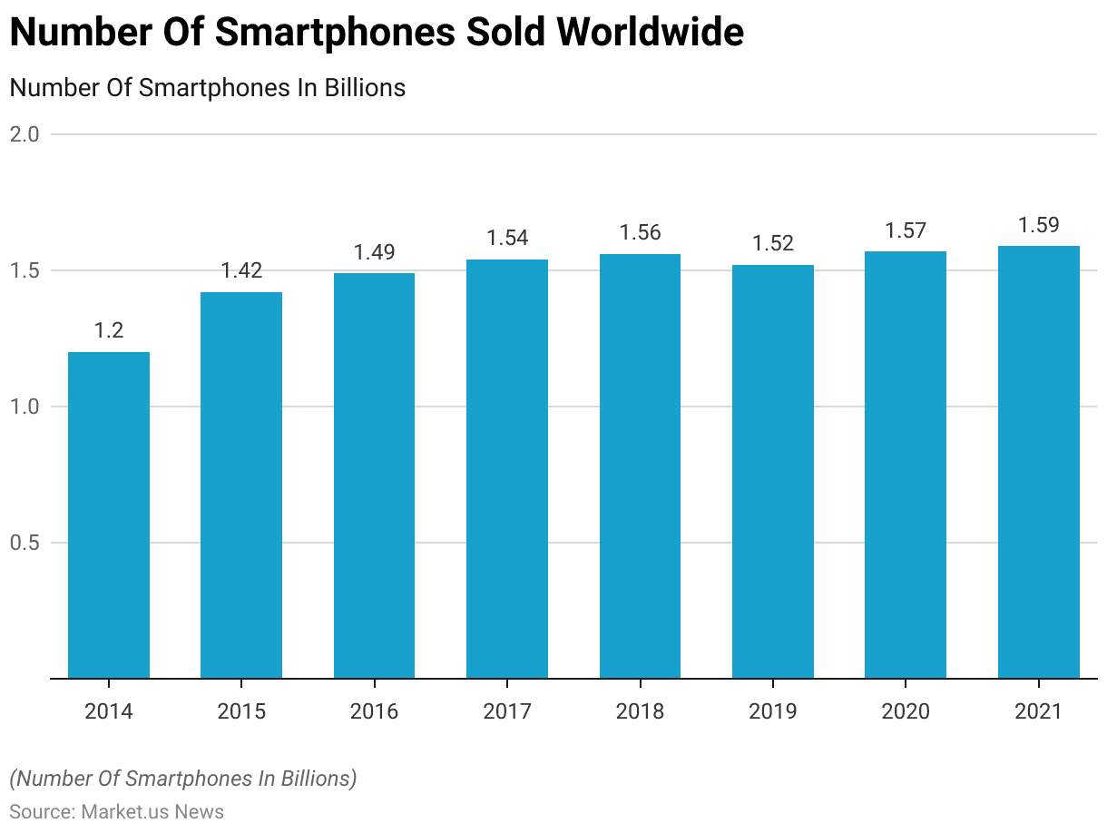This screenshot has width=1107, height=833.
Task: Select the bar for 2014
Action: [x=109, y=514]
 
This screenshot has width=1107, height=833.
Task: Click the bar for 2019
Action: [x=773, y=471]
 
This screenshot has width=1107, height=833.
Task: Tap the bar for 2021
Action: [x=1038, y=462]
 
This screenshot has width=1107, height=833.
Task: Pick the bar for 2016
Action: [x=374, y=475]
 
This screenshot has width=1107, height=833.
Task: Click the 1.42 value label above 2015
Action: [x=241, y=269]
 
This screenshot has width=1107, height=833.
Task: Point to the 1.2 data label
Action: [x=109, y=330]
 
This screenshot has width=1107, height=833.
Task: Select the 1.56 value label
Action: [x=640, y=232]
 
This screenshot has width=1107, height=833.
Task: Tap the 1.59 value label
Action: [x=1038, y=224]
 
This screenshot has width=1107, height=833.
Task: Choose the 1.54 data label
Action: [x=507, y=238]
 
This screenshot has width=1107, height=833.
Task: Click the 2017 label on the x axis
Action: [x=507, y=710]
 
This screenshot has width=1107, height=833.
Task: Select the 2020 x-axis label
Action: [x=906, y=710]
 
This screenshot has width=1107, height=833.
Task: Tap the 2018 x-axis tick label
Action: [x=640, y=710]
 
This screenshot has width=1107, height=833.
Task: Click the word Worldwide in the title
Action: [x=651, y=34]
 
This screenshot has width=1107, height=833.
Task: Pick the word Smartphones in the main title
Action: [x=334, y=34]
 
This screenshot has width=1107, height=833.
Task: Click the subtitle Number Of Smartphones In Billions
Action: [x=207, y=88]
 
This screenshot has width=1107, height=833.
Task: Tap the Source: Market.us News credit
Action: [x=116, y=811]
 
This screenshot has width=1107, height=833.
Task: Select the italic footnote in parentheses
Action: [x=183, y=779]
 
